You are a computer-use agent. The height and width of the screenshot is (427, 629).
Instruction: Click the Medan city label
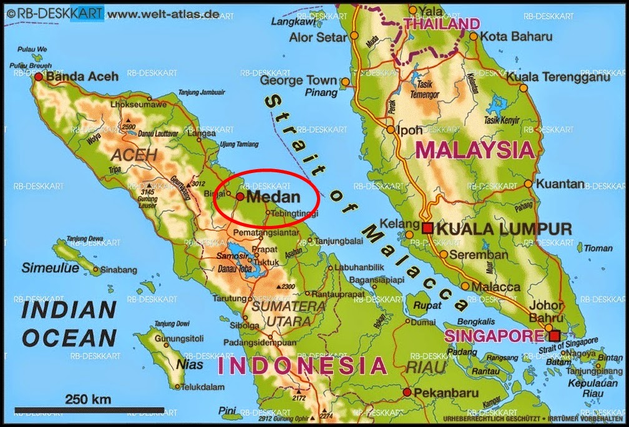[273, 196]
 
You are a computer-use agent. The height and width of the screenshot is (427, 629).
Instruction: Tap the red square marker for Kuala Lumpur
[427, 228]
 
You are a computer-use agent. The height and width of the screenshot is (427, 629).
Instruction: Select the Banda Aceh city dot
[39, 77]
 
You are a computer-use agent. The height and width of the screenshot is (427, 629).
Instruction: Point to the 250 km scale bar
[89, 410]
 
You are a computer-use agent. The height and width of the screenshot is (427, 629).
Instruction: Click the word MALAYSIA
[475, 150]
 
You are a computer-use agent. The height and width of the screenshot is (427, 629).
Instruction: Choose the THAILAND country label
[442, 24]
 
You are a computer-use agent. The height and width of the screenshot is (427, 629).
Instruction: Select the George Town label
[298, 81]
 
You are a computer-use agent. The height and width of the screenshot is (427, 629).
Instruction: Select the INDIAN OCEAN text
[69, 323]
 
